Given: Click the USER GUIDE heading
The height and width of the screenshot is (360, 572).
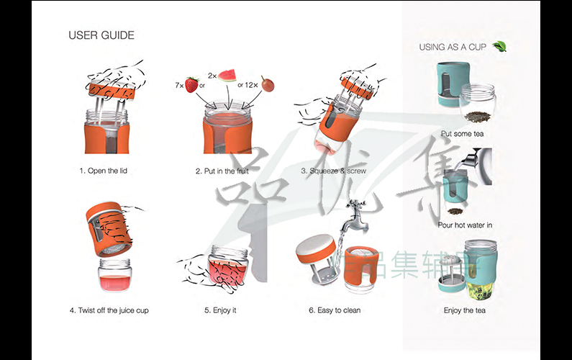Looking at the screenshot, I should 101,35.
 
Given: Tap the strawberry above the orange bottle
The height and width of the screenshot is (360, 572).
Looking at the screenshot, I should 191,85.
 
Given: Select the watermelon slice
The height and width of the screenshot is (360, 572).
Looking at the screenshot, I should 227,75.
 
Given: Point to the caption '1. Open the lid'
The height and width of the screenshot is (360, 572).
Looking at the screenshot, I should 108,171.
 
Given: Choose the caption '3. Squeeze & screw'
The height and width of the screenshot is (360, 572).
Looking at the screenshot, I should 333,171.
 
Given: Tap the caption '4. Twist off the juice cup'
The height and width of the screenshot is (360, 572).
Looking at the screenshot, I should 109,310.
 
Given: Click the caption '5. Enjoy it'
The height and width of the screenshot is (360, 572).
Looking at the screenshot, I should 220,310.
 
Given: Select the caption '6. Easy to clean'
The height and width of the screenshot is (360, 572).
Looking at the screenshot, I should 335,310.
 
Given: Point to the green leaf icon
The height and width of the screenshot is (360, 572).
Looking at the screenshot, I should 499,46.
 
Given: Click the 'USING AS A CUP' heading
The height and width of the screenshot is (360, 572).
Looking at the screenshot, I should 453,47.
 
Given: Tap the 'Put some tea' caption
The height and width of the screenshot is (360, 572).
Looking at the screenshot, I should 462,134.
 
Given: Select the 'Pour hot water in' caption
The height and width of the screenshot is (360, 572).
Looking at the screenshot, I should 465,225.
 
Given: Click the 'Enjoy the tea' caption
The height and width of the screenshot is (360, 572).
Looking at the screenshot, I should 464,310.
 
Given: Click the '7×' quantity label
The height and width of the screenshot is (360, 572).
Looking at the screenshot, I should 179,85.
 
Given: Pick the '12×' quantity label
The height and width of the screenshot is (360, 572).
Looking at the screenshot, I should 251,85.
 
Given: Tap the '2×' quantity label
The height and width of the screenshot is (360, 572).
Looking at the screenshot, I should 212,75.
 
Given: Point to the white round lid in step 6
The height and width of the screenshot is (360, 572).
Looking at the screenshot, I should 314,245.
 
